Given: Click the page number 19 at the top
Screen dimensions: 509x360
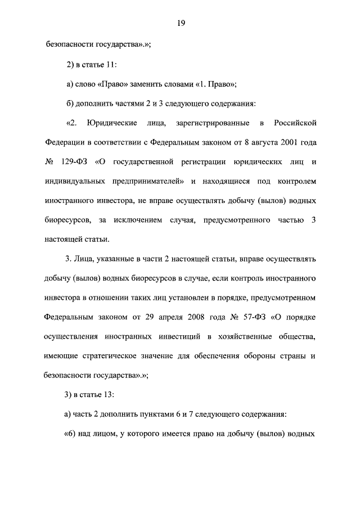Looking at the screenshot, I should pos(181,23).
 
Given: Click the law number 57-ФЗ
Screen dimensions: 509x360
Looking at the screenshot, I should pos(253,317).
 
